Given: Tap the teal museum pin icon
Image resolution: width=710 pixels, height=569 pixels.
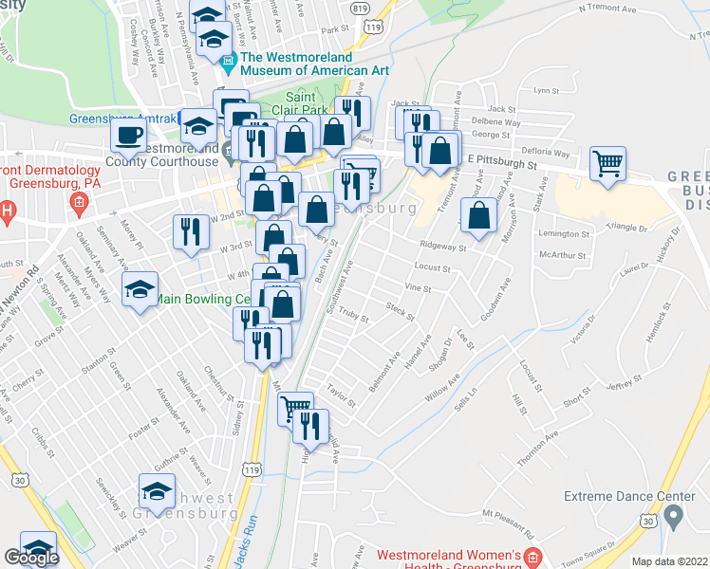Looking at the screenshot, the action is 228,64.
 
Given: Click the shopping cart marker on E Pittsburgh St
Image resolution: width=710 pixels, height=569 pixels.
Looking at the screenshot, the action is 607,162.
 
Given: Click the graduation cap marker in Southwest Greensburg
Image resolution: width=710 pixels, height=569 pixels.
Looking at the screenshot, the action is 157,490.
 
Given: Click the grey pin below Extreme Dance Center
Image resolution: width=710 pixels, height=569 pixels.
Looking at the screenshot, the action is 674,518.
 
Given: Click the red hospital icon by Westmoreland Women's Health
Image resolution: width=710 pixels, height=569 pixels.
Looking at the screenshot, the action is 534,555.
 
